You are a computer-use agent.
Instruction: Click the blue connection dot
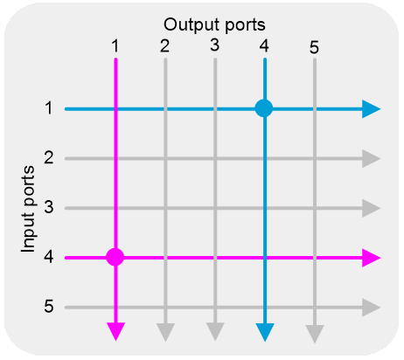pos(264,108)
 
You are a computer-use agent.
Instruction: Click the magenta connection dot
pos(115,257)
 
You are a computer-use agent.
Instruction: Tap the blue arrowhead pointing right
pos(371,109)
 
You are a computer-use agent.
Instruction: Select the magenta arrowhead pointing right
pos(371,258)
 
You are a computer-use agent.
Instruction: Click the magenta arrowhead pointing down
pos(116,331)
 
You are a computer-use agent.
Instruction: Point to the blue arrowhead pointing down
pos(265,332)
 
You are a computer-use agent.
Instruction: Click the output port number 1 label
pos(115,46)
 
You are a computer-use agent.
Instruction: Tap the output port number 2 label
pos(164,46)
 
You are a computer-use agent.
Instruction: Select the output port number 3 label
pos(215,45)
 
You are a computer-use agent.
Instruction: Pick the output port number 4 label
pos(264,45)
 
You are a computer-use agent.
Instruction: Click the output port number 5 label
pos(314,47)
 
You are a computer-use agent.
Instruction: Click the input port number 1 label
pos(49,108)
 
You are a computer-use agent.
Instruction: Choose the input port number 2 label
pos(49,157)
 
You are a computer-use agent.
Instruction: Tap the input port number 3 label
pos(49,207)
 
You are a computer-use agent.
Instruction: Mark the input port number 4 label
pos(49,257)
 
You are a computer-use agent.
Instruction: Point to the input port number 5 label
pos(49,307)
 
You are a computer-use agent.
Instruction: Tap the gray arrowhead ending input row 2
pos(371,159)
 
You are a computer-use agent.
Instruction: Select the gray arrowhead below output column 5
pos(315,334)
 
